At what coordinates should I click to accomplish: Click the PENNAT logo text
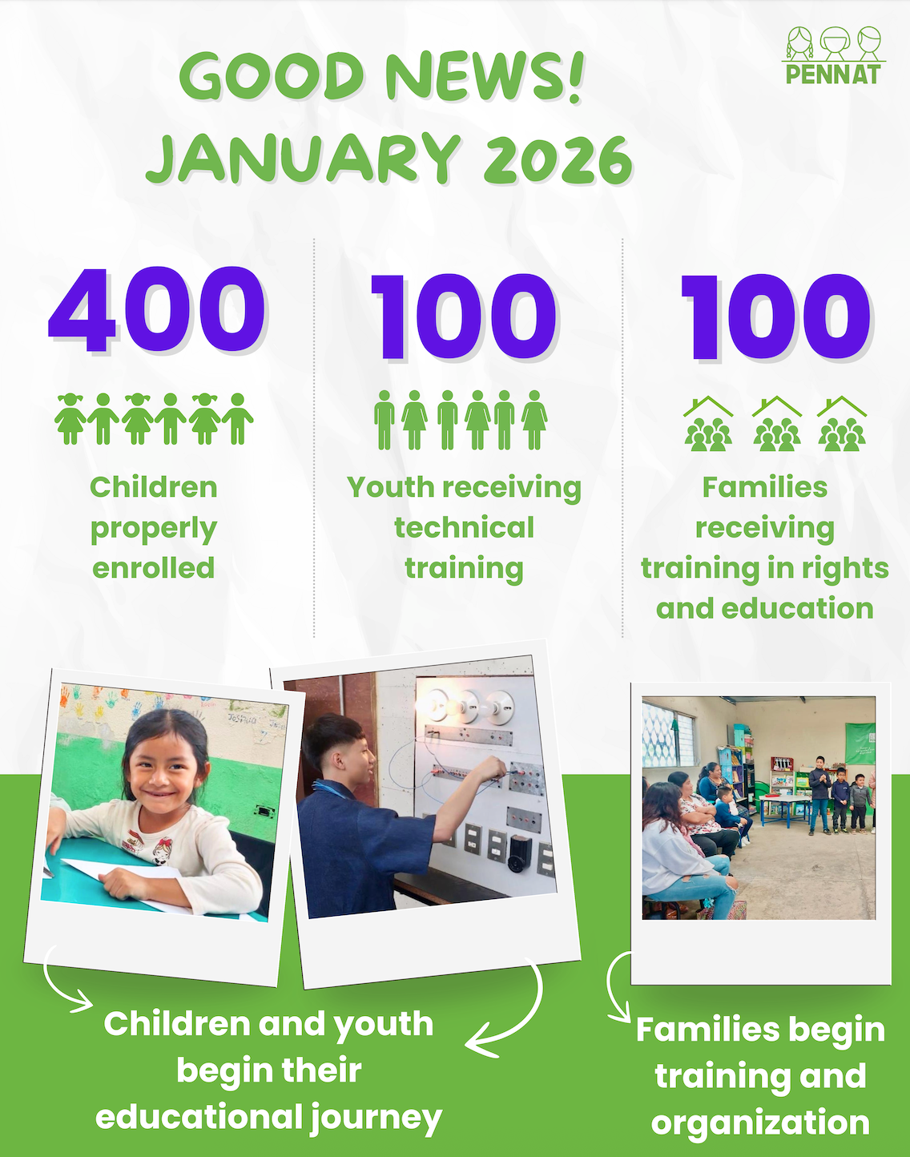point(832,75)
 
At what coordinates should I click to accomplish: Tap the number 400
point(157,309)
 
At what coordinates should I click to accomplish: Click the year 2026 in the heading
point(558,159)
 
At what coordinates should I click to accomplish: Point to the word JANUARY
point(303,159)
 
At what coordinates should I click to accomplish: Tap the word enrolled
point(154,568)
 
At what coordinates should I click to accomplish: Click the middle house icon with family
point(777,424)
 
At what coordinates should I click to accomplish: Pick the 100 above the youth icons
point(463,316)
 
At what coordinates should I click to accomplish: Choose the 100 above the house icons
point(775,316)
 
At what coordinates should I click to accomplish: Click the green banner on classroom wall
point(860,744)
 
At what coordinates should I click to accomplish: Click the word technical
point(464,528)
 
